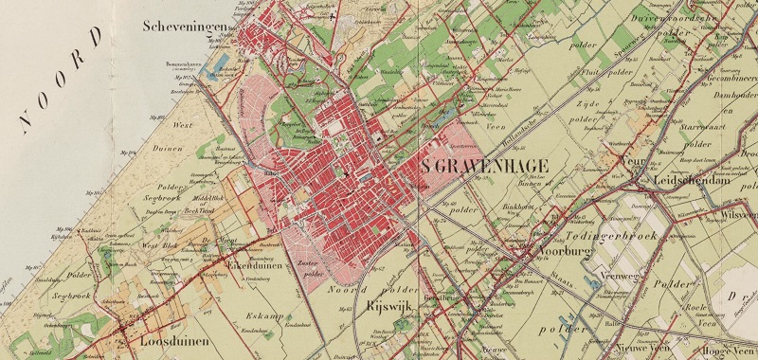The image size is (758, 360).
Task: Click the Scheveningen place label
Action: [186, 27]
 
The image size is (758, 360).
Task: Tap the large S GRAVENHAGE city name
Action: [484, 165]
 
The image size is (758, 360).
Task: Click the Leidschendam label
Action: [690, 180]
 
